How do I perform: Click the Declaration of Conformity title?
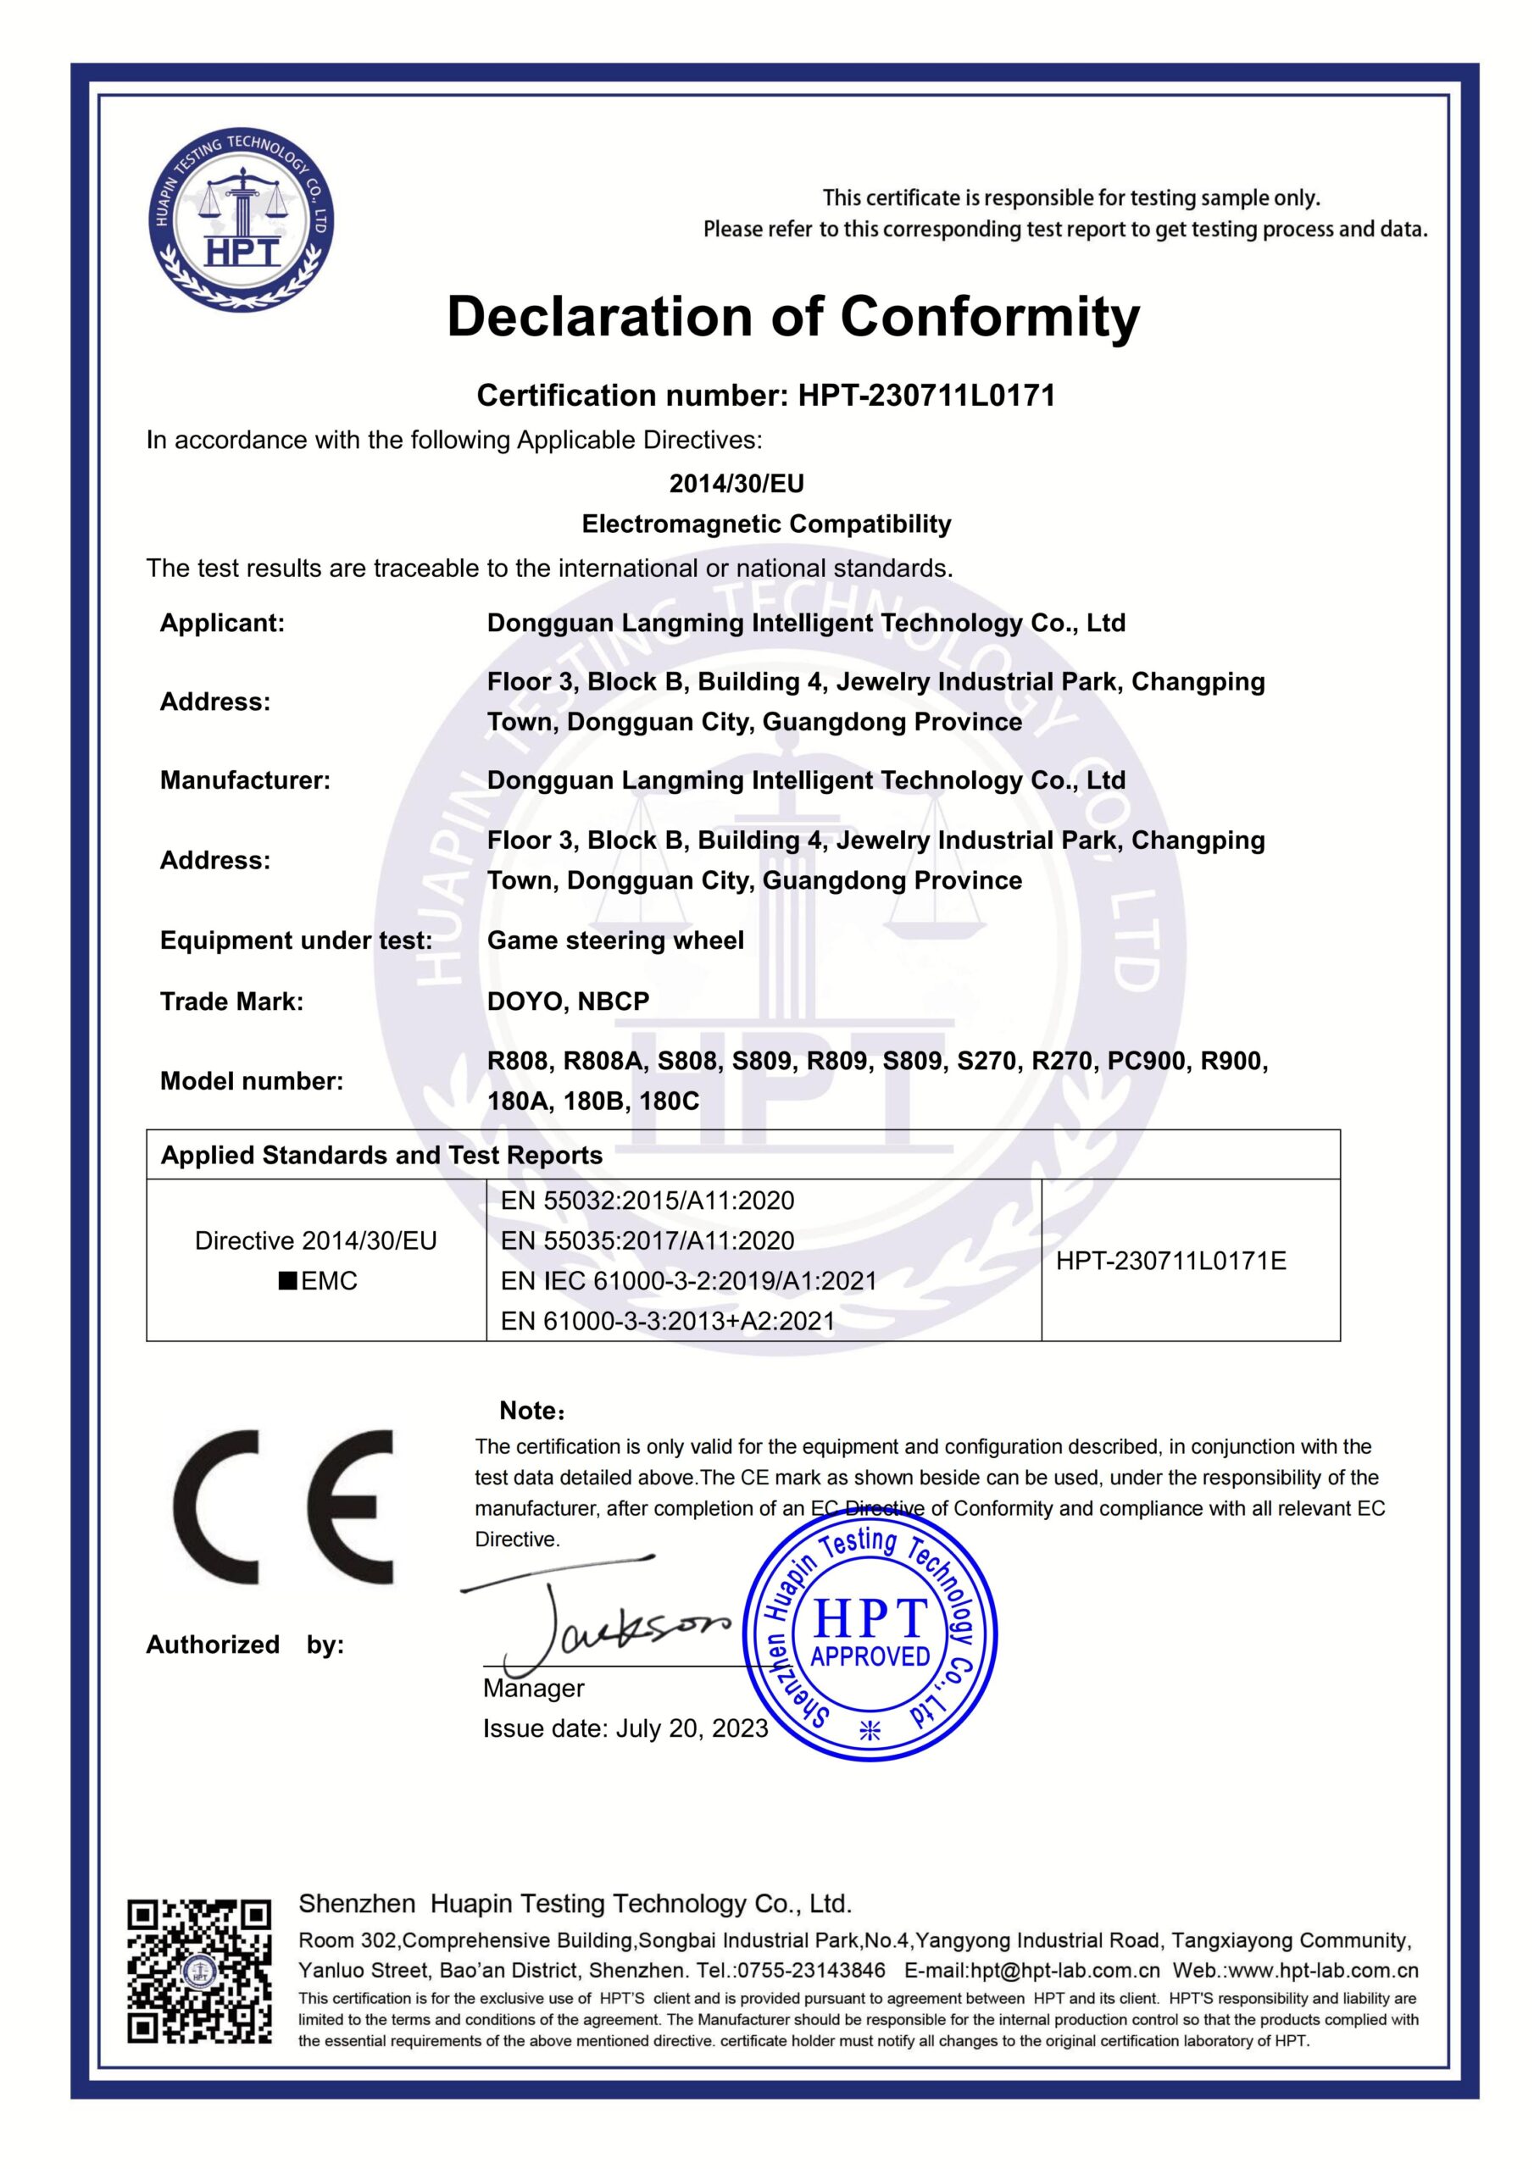click(x=793, y=317)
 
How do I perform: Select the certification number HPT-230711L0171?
click(x=926, y=395)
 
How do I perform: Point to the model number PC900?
click(x=1147, y=1061)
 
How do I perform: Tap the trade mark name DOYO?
click(x=523, y=1001)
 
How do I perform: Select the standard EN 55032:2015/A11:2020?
click(x=648, y=1201)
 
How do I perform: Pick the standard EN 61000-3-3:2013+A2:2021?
click(x=667, y=1321)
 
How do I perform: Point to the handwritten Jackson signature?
click(x=605, y=1621)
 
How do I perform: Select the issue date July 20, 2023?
click(x=692, y=1728)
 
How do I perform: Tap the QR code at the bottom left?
click(x=199, y=1972)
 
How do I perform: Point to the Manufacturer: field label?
click(x=245, y=780)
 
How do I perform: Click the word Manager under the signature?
click(x=533, y=1688)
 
